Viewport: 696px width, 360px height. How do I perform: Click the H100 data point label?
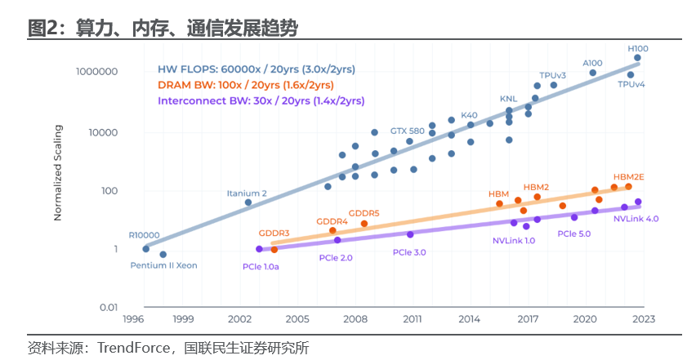(x=638, y=48)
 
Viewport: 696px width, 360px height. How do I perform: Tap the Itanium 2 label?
(x=247, y=193)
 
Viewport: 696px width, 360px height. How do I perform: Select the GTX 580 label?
(x=407, y=131)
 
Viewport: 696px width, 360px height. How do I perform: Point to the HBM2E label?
(x=629, y=176)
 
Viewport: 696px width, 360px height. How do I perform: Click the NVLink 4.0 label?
(x=636, y=219)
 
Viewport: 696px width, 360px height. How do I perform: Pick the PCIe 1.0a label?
(x=261, y=266)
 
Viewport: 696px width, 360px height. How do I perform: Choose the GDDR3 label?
(x=274, y=233)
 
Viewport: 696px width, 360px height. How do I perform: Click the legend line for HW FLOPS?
(x=257, y=69)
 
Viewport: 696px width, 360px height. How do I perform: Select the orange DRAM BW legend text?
(x=245, y=85)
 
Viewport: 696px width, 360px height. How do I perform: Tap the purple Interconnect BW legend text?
(x=261, y=100)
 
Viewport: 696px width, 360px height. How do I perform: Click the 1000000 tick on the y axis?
(x=97, y=72)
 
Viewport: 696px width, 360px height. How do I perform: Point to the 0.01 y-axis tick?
(x=107, y=308)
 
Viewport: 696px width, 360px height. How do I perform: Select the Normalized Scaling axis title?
(x=58, y=172)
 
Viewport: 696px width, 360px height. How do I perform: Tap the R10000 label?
(x=145, y=233)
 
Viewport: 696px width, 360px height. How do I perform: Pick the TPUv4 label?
(x=631, y=85)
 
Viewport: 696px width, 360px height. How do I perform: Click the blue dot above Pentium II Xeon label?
(x=163, y=255)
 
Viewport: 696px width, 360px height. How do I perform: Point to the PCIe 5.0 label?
(x=573, y=233)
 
